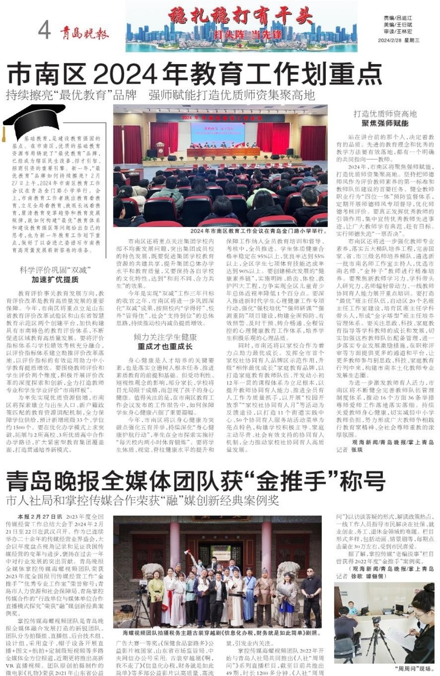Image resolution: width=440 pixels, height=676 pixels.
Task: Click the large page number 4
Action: tap(44, 30)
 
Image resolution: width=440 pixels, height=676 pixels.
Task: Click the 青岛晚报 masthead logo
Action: tap(84, 32)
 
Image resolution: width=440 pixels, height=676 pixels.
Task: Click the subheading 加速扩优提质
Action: tap(55, 280)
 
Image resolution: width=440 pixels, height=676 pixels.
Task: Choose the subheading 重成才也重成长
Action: tap(165, 346)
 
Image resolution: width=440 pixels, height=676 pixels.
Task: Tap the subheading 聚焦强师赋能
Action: tap(385, 123)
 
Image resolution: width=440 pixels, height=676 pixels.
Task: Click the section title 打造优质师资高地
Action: tap(385, 114)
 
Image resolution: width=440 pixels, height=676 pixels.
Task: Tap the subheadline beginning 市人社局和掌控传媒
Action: tap(142, 501)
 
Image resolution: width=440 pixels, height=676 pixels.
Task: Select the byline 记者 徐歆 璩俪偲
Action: tap(361, 576)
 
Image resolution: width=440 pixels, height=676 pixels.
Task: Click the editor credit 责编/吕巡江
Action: tap(398, 18)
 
